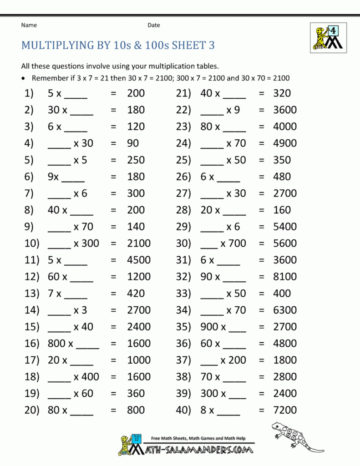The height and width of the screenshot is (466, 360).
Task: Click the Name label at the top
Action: point(29,25)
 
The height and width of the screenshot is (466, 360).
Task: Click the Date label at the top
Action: point(153,25)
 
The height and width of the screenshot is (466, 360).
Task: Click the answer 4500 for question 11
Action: point(139,260)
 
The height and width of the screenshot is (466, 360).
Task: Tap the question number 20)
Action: point(32,410)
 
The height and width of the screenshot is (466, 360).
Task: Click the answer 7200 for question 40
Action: point(284,410)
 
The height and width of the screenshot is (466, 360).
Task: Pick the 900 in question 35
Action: point(209,327)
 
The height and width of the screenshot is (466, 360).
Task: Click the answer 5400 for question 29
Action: point(284,227)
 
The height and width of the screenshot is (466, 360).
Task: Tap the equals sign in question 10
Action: point(113,243)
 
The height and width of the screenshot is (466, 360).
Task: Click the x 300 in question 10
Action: point(86,243)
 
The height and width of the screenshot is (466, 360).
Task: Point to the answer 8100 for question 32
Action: point(284,277)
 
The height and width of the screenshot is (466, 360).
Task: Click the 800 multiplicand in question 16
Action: point(56,344)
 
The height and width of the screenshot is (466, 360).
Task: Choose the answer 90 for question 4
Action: point(133,143)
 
